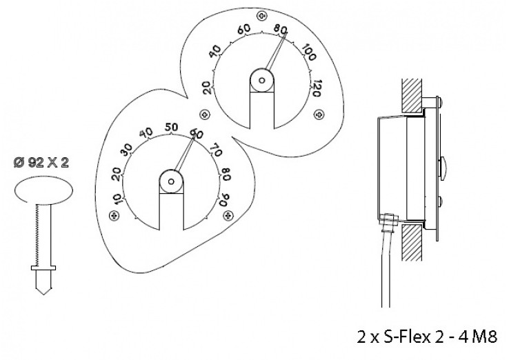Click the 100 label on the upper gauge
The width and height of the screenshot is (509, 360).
click(309, 52)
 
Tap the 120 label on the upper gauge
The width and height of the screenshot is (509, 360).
click(315, 88)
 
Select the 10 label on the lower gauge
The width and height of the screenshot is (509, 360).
click(117, 199)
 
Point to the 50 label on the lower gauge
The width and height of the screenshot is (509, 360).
click(172, 128)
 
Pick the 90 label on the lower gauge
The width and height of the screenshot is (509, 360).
click(225, 199)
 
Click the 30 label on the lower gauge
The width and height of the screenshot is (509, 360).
click(127, 149)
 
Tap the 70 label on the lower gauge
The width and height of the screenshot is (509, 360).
click(216, 150)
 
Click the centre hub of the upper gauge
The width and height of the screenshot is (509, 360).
click(261, 80)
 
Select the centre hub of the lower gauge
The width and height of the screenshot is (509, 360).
click(171, 181)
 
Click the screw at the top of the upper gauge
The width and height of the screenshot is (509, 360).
click(261, 16)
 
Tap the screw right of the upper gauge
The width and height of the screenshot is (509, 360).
click(319, 114)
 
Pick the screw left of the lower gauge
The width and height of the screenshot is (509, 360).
click(114, 215)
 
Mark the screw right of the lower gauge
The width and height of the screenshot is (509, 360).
click(228, 215)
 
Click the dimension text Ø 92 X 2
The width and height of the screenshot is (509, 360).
click(41, 163)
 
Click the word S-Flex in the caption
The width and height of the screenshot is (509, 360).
click(407, 337)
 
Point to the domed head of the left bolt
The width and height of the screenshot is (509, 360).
click(44, 190)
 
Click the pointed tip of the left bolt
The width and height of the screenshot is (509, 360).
click(43, 294)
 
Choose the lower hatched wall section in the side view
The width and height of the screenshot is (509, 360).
click(412, 243)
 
